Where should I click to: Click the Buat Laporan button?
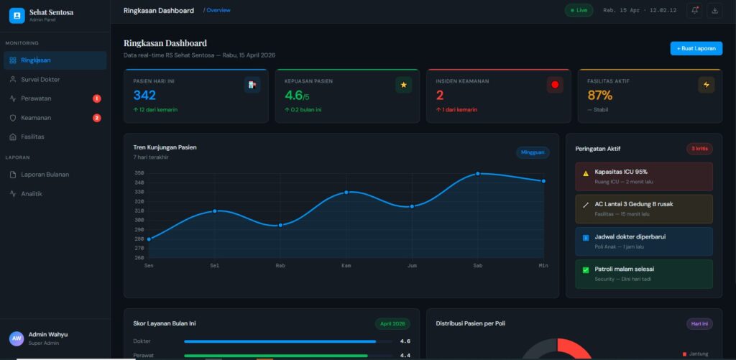click(696, 48)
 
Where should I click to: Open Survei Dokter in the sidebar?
click(40, 79)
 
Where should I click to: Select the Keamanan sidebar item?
click(36, 118)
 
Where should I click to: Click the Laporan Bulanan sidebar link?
click(45, 175)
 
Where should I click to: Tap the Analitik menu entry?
click(32, 193)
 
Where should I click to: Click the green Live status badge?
click(579, 10)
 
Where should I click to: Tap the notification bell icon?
click(694, 10)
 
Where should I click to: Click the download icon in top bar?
click(714, 10)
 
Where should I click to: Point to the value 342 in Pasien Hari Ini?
click(144, 96)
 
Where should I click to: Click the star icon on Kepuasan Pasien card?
click(403, 85)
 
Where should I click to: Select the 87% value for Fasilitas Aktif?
click(599, 96)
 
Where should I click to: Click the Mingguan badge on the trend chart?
click(533, 152)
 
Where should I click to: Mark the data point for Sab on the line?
click(477, 174)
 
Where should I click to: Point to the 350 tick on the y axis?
click(139, 173)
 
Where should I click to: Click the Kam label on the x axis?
click(346, 265)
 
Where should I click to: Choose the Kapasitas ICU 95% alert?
click(643, 176)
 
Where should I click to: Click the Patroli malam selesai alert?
click(643, 273)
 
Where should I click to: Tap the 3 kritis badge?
click(699, 149)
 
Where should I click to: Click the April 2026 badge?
click(392, 323)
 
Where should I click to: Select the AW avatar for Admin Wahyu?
click(16, 338)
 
